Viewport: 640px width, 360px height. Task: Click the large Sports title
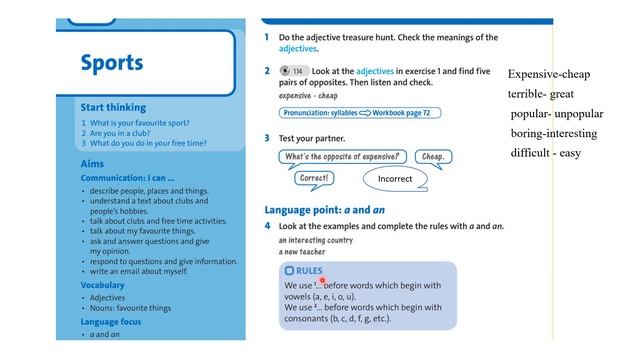[x=111, y=63]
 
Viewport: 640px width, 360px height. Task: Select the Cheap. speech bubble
[x=432, y=157]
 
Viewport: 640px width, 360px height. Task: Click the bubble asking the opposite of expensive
[x=343, y=157]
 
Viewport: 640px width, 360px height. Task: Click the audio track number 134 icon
[x=293, y=71]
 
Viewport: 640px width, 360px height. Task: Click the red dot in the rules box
[x=322, y=281]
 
